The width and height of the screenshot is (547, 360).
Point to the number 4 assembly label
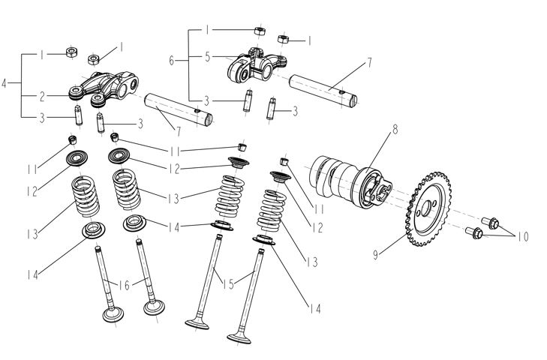pyautogui.click(x=6, y=85)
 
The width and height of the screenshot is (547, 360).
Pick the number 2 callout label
pyautogui.click(x=42, y=96)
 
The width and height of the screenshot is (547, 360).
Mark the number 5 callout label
pyautogui.click(x=208, y=56)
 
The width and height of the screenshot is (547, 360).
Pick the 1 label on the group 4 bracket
pyautogui.click(x=42, y=55)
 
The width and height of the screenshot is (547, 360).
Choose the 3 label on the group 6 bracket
pyautogui.click(x=208, y=100)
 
